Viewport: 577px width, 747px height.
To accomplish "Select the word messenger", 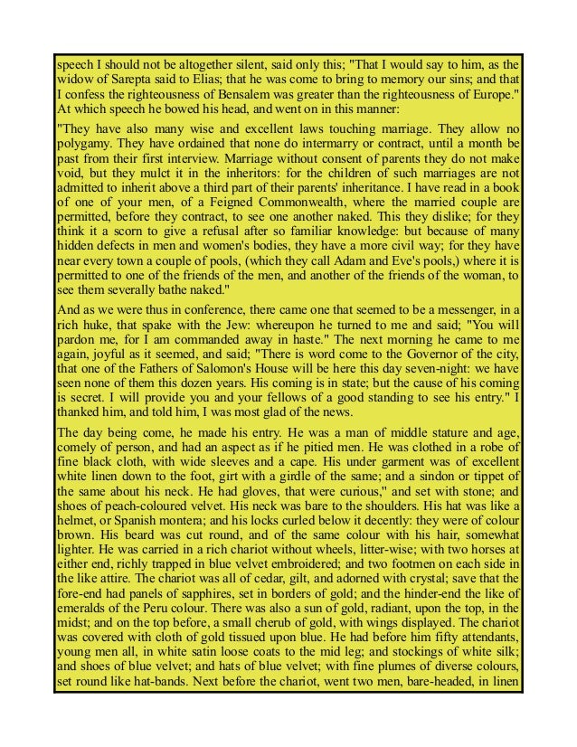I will (470, 310).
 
